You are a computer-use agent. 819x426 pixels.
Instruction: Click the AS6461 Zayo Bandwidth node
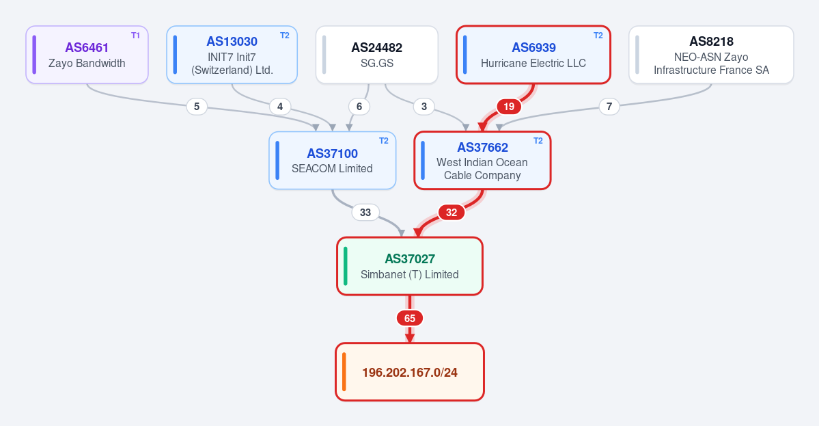point(87,55)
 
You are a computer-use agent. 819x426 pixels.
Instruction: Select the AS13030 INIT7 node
point(232,55)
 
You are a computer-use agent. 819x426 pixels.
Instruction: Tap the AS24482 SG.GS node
point(376,55)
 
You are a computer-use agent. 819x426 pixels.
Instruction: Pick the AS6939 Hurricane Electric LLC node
point(533,55)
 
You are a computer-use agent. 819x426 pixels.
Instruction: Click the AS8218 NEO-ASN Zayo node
point(711,55)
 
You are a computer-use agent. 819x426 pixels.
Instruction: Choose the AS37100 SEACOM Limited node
point(332,161)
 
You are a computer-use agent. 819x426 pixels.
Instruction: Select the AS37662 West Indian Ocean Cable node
point(482,161)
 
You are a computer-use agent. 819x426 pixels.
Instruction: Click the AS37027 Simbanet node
point(410,266)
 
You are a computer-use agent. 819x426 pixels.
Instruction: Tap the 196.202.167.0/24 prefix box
point(410,372)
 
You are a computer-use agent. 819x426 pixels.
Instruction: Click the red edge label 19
point(509,107)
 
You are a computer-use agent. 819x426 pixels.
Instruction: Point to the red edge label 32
point(452,212)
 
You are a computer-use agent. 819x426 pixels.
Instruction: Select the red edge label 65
point(410,319)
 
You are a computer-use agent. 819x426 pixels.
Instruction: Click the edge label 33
point(365,212)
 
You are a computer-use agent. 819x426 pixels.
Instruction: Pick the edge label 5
point(197,107)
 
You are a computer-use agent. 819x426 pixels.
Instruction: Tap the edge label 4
point(280,107)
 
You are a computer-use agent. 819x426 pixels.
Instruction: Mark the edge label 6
point(359,107)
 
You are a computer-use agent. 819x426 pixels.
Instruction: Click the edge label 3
point(424,107)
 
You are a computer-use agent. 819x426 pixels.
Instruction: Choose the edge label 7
point(609,107)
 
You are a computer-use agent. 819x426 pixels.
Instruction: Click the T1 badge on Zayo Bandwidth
point(135,36)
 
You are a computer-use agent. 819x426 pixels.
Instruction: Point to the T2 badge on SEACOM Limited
point(383,141)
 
